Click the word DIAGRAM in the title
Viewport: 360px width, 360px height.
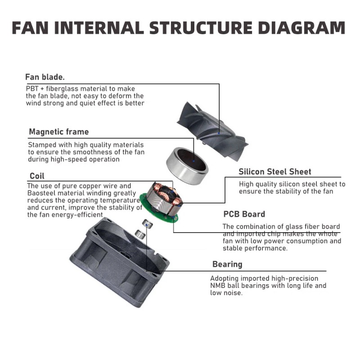301,28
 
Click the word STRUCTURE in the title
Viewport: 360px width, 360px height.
201,28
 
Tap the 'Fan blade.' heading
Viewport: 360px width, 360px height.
45,77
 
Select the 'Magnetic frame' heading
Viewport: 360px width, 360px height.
59,132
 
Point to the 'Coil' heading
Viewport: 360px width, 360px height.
37,176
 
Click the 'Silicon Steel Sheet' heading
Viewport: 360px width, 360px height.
275,172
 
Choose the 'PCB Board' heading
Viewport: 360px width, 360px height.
244,214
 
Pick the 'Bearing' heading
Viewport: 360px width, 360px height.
227,264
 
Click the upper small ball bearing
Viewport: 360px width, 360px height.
148,223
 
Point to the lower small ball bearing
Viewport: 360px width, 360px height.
140,234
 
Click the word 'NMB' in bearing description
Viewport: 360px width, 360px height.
217,286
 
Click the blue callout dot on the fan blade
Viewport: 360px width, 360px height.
219,133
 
